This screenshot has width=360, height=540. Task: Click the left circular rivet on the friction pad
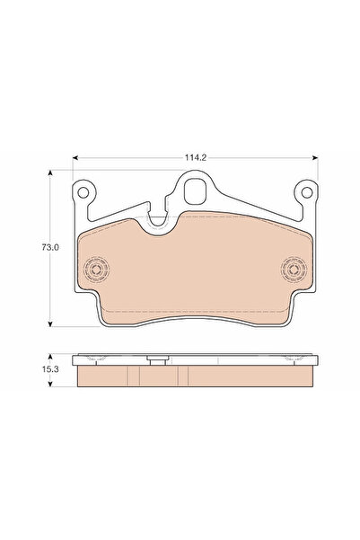(95, 269)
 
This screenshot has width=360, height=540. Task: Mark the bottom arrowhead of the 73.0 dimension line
(51, 324)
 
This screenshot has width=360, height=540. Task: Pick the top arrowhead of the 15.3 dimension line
(51, 356)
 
